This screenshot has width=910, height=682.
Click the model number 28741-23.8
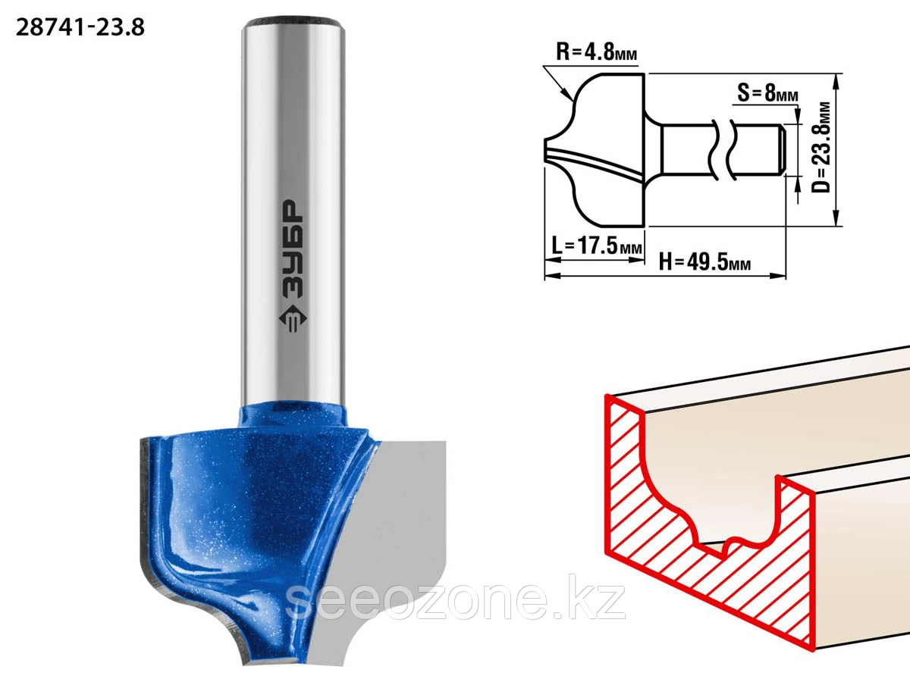point(80,28)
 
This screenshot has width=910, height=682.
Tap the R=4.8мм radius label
point(596,52)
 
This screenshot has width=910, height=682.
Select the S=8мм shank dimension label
point(767,92)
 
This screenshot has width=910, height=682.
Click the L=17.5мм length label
point(597,245)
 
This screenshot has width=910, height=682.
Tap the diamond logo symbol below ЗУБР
point(293,319)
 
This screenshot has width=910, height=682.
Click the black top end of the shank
point(293,20)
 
